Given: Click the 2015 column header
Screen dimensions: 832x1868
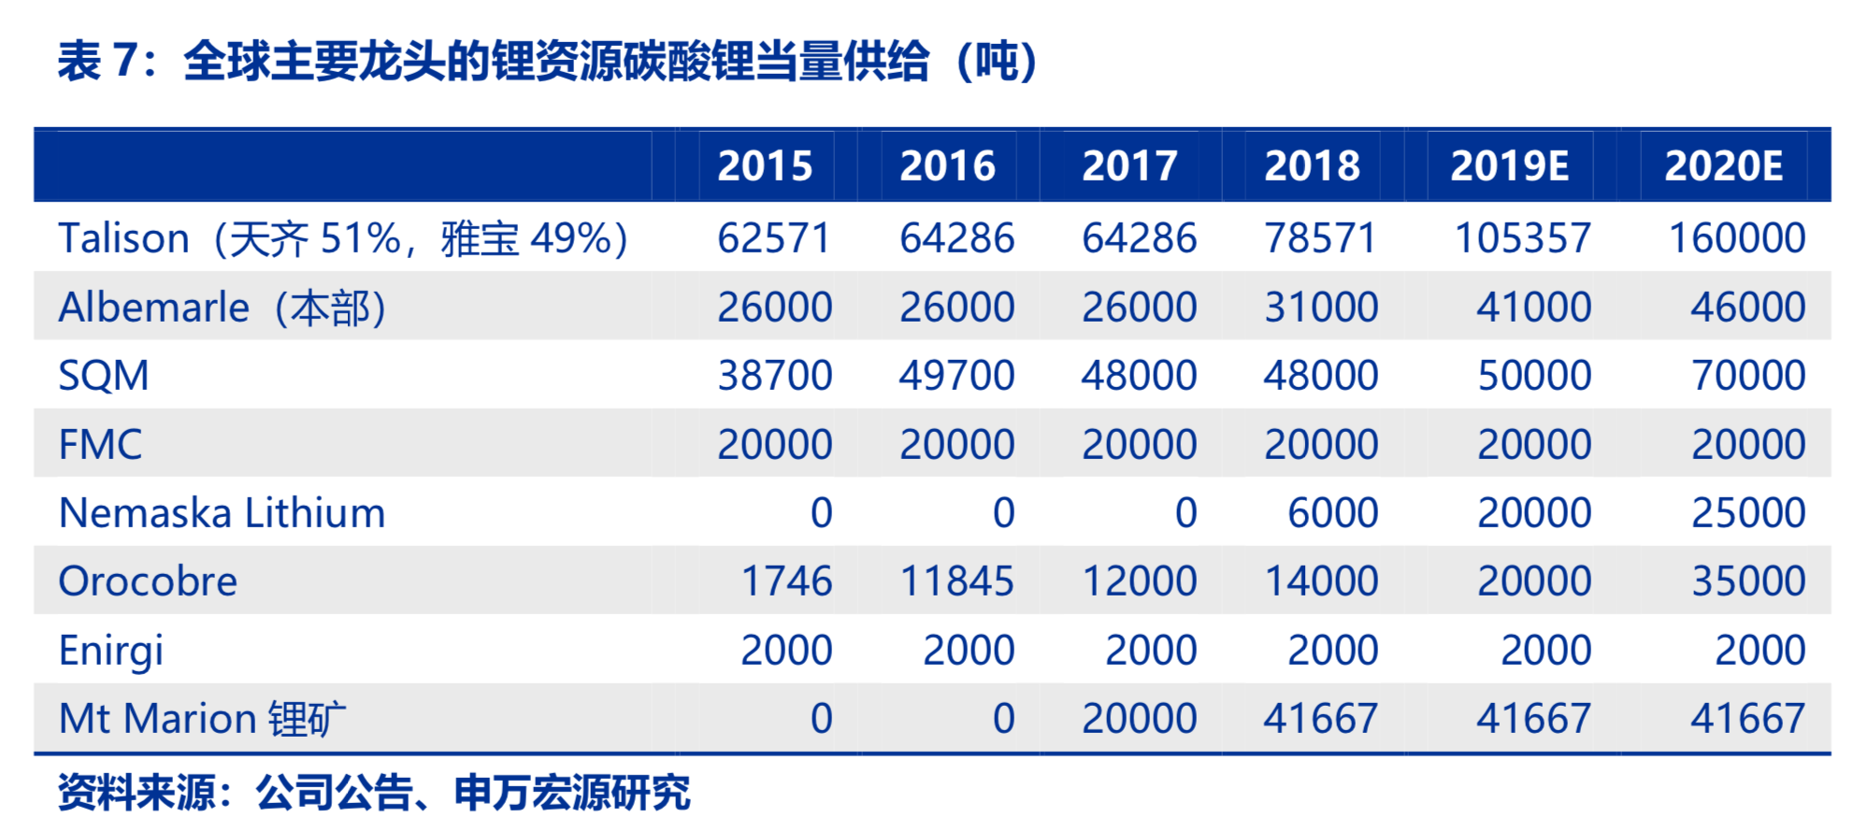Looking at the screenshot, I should (x=765, y=166).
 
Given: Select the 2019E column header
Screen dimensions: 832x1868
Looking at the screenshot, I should (x=1509, y=166).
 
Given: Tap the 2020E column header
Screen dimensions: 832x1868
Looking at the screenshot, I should (x=1723, y=166).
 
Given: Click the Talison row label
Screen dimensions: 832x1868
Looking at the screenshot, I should (x=342, y=238).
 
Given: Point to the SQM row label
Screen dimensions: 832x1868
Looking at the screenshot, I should (x=104, y=376).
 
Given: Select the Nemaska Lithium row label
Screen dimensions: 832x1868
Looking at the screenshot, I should (x=222, y=513).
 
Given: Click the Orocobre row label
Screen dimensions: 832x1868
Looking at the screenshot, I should (x=148, y=581).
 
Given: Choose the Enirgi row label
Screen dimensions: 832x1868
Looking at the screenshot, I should (x=110, y=651).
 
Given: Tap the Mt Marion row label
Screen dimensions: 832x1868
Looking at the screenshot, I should (x=202, y=719).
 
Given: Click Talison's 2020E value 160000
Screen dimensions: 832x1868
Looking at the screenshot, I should (x=1736, y=238).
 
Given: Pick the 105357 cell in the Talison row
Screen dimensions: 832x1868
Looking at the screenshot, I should (x=1522, y=238).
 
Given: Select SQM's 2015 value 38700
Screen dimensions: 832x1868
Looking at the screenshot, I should (x=774, y=376).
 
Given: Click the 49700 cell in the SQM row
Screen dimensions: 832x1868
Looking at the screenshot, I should (x=956, y=376).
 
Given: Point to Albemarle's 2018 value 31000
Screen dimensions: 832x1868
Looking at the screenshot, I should (x=1321, y=308).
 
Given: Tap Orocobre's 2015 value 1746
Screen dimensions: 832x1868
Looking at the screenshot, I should (x=786, y=581).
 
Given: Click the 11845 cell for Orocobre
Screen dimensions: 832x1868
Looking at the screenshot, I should (x=956, y=581).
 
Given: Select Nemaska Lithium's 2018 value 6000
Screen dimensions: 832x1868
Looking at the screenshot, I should (x=1332, y=513).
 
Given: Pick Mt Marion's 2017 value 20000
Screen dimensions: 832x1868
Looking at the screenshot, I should (x=1139, y=719).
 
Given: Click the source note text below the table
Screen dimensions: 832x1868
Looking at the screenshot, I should (x=374, y=793).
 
